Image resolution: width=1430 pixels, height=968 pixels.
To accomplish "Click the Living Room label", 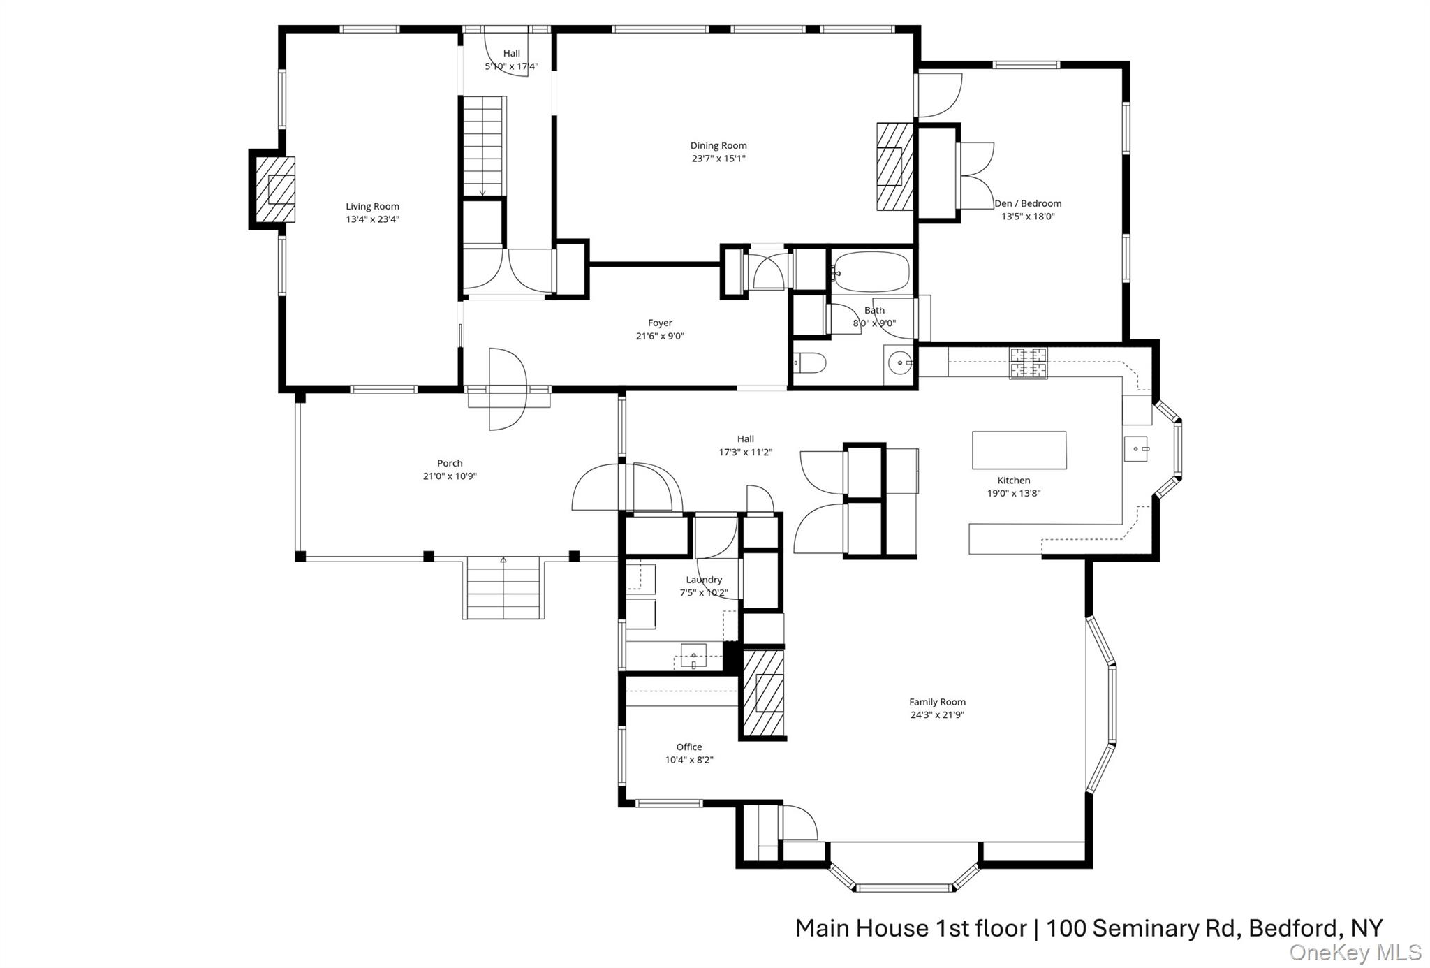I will click(x=372, y=206).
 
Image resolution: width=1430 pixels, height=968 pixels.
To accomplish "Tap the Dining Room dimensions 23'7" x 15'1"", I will click(x=718, y=159).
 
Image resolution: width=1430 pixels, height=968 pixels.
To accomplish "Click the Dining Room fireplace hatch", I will click(x=894, y=166).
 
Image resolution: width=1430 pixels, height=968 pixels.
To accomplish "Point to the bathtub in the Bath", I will click(x=871, y=272).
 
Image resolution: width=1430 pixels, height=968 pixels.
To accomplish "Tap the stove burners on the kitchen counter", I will click(x=1028, y=362).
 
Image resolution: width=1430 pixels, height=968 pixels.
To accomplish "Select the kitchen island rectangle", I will click(x=1019, y=450).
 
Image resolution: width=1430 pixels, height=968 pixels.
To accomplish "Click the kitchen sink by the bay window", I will click(x=1136, y=448).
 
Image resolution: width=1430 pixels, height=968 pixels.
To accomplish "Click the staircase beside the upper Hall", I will click(x=482, y=147).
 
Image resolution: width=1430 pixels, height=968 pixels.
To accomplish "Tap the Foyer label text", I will click(x=660, y=323).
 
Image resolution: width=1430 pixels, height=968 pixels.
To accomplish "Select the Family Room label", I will click(x=937, y=702).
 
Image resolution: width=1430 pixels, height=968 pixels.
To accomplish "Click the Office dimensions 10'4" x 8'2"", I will click(x=688, y=760).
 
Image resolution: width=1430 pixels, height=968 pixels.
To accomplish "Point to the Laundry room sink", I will click(x=693, y=657).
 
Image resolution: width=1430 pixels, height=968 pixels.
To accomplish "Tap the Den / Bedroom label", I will click(x=1028, y=203).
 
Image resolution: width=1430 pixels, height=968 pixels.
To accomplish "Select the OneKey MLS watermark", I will click(x=1355, y=952).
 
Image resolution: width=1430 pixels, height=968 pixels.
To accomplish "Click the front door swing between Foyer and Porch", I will click(x=506, y=389).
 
